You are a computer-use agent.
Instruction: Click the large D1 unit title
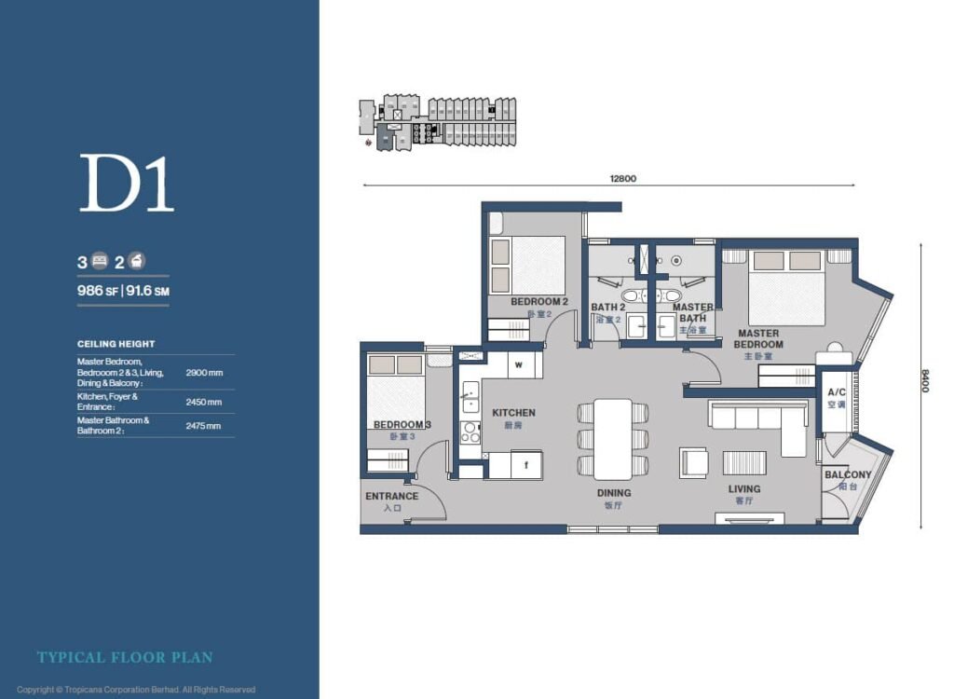pos(127,185)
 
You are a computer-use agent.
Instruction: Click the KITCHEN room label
pos(513,413)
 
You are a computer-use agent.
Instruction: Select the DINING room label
pos(614,493)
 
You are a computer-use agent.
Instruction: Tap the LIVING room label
pos(743,489)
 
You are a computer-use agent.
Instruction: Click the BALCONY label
pos(848,475)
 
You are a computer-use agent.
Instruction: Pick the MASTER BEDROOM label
pos(758,338)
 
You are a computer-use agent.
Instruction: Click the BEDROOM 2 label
pos(539,302)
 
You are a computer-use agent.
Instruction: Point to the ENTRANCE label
pos(391,497)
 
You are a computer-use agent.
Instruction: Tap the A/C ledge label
pos(837,393)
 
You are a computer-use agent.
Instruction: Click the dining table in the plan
pos(613,438)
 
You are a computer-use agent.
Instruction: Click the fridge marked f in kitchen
pos(526,463)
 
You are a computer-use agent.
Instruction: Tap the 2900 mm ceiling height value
pos(204,372)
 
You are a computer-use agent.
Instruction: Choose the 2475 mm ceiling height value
pos(204,426)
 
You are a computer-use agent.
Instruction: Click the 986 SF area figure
pos(96,291)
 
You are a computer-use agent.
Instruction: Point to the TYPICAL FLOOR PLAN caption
pos(125,658)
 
